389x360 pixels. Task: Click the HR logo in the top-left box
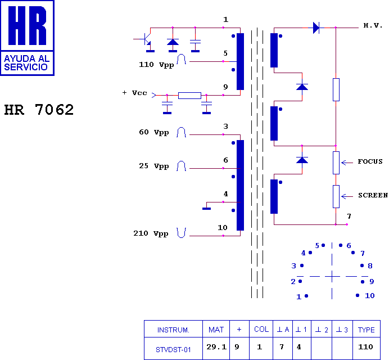point(27,26)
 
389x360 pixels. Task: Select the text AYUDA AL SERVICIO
point(27,62)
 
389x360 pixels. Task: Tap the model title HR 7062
point(39,110)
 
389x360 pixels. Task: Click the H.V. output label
point(373,26)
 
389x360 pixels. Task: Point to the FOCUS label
point(370,162)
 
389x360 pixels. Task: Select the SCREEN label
point(373,196)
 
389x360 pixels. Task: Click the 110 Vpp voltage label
point(156,65)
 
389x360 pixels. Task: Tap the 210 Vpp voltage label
point(151,234)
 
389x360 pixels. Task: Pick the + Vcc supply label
point(134,93)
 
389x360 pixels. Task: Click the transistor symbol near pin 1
point(147,39)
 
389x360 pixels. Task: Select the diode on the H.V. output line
point(316,27)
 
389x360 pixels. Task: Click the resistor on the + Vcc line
point(189,95)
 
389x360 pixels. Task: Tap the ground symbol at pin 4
point(206,208)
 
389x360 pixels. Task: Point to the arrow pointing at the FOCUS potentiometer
point(347,162)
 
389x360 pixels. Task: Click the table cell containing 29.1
point(216,347)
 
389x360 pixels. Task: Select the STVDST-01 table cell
point(173,349)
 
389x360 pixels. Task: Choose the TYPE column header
point(367,330)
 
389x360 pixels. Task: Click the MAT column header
point(216,330)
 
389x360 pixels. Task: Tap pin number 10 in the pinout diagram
point(369,296)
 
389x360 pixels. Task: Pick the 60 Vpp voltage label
point(153,133)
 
